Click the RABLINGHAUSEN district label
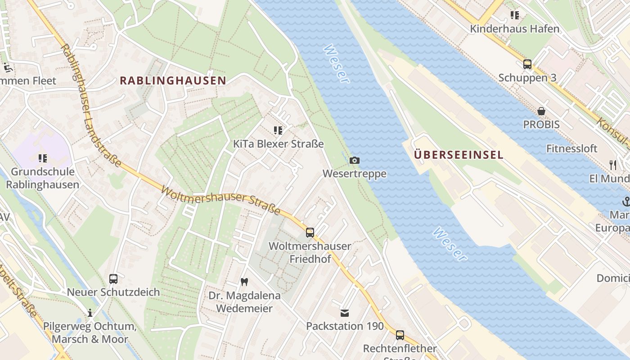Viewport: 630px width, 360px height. point(173,81)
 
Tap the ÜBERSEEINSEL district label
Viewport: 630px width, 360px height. point(458,155)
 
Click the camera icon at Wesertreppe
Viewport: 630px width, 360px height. point(355,161)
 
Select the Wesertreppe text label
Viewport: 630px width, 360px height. point(355,174)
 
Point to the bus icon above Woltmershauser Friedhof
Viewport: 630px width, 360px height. point(310,233)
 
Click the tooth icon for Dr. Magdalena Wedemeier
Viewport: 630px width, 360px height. point(244,282)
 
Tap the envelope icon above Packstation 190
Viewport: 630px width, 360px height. point(345,313)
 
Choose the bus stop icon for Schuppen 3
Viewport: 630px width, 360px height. point(527,64)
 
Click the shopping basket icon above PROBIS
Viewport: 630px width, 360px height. point(541,111)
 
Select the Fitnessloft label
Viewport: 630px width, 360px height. point(571,148)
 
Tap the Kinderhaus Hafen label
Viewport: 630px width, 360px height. point(514,29)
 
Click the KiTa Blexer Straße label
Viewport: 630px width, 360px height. point(278,144)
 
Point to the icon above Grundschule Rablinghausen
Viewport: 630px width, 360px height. point(43,158)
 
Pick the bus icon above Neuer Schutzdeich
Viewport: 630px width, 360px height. point(113,279)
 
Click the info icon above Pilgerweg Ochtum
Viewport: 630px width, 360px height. point(90,313)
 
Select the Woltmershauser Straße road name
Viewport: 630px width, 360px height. point(220,198)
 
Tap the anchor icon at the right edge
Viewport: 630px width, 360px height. point(625,201)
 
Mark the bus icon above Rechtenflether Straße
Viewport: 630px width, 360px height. point(400,335)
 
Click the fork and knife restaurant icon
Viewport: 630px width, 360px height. point(612,165)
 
